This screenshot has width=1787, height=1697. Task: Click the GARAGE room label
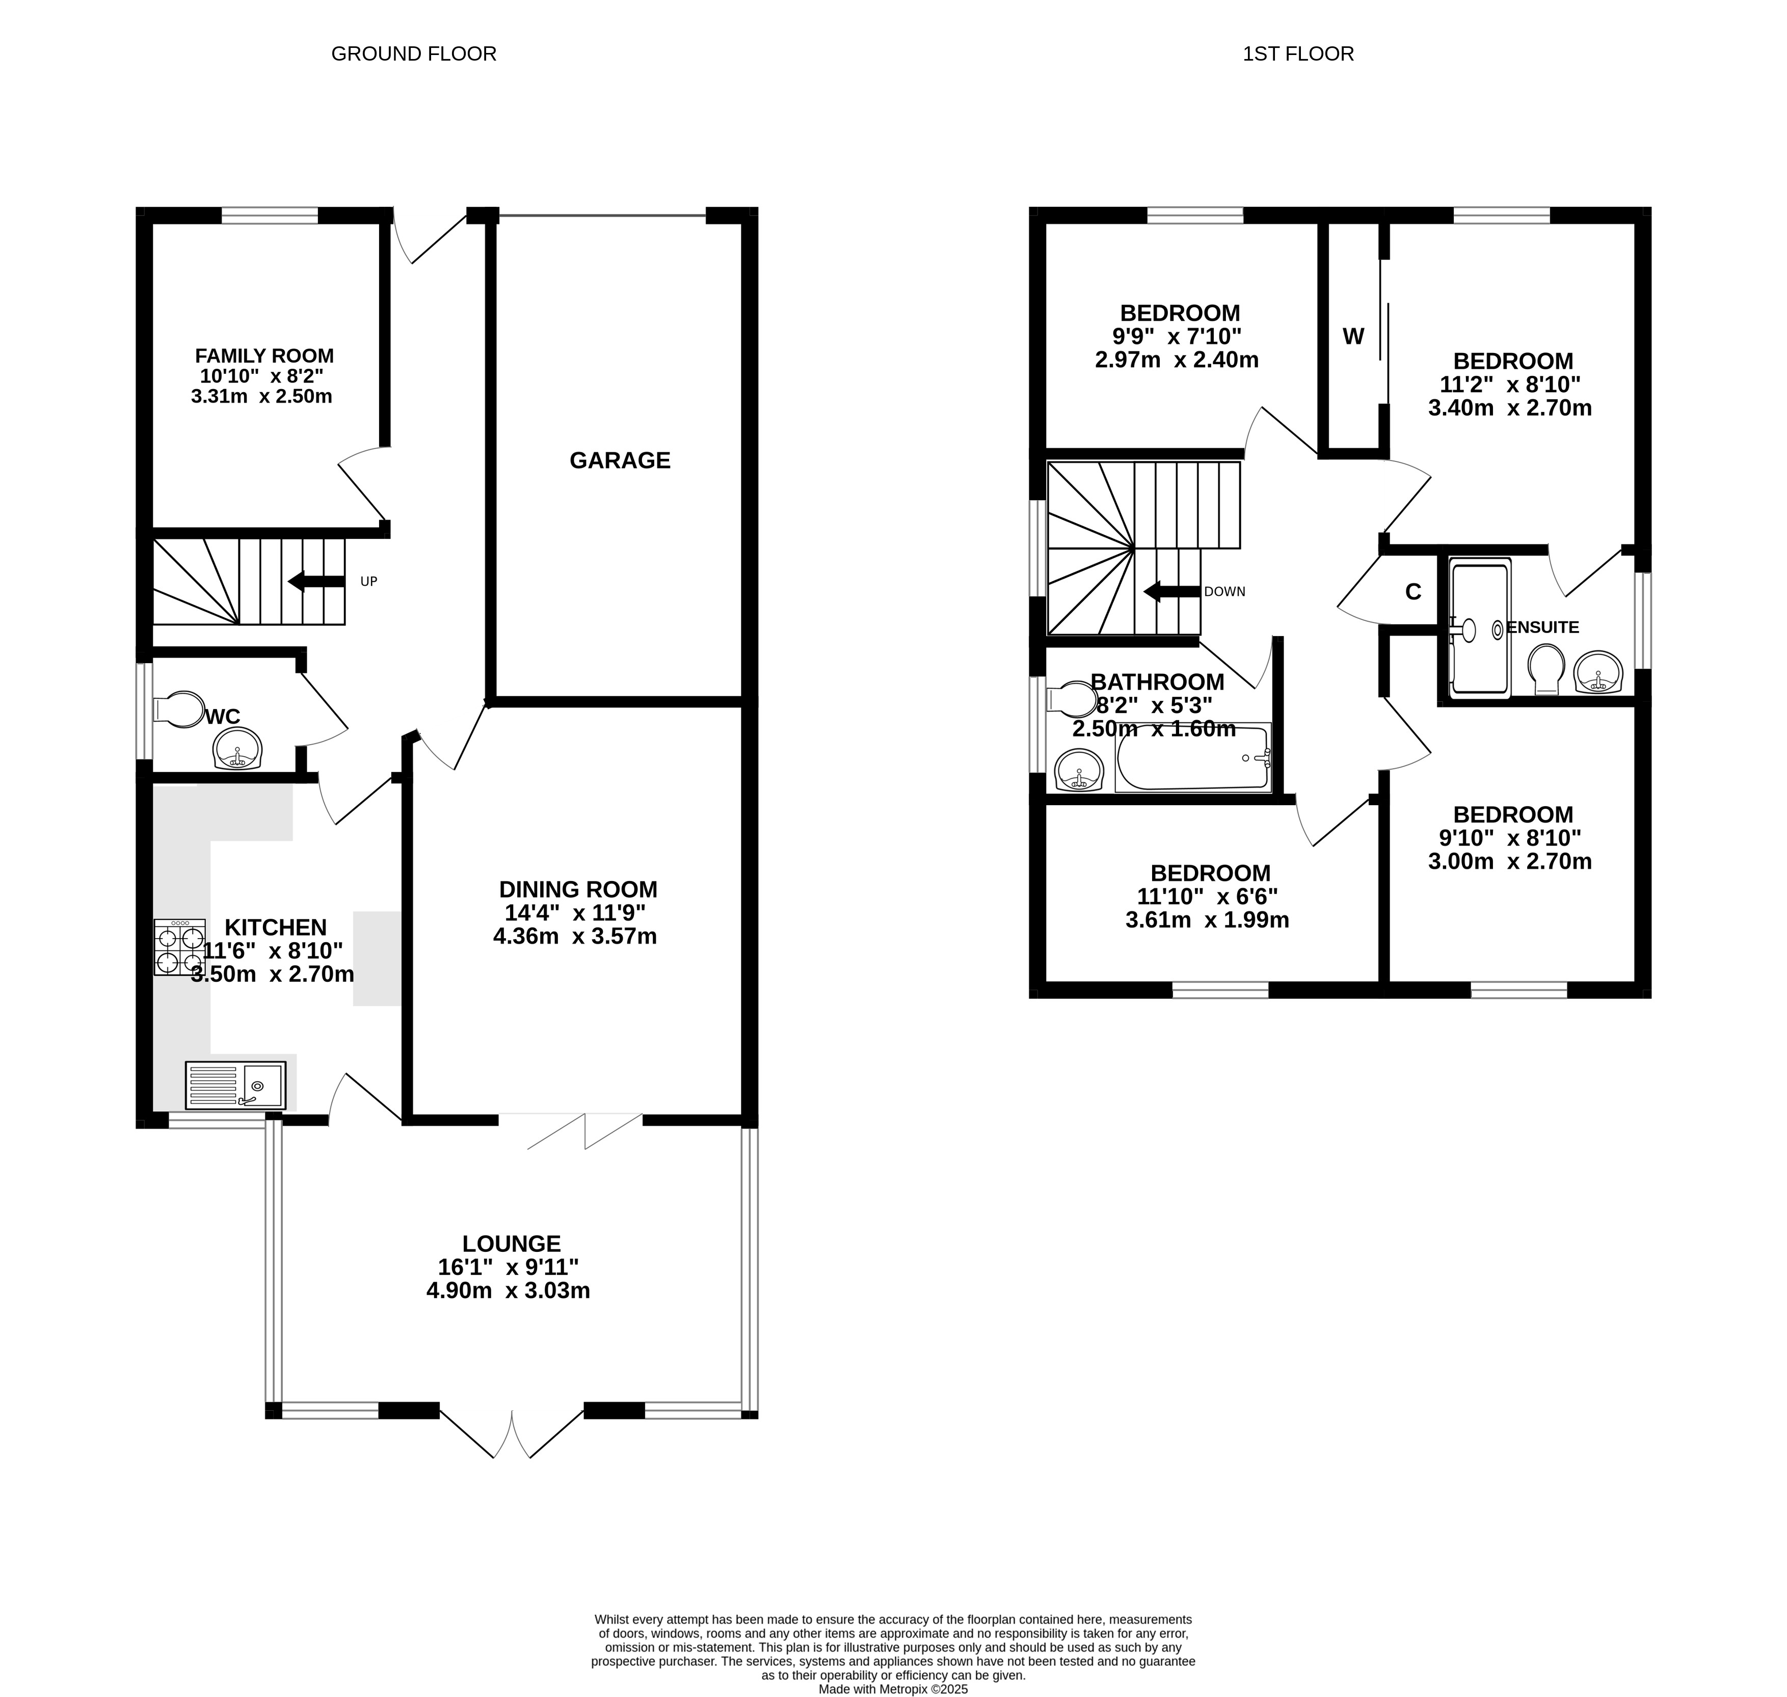620,460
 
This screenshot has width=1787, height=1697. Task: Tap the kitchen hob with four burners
180,947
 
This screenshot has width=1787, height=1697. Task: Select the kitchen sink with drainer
235,1085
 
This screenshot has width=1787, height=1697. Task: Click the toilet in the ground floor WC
180,709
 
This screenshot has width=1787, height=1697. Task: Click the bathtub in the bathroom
1193,758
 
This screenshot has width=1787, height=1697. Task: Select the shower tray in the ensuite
1480,628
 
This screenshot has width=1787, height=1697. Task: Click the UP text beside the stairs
368,582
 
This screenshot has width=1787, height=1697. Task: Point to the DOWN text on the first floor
1224,592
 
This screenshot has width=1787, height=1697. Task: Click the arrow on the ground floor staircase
316,582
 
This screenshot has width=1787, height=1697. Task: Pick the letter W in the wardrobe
1353,337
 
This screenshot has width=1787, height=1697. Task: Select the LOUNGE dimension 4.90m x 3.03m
509,1291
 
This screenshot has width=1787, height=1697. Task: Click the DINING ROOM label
578,889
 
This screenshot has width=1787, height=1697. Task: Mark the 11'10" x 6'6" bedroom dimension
1207,896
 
